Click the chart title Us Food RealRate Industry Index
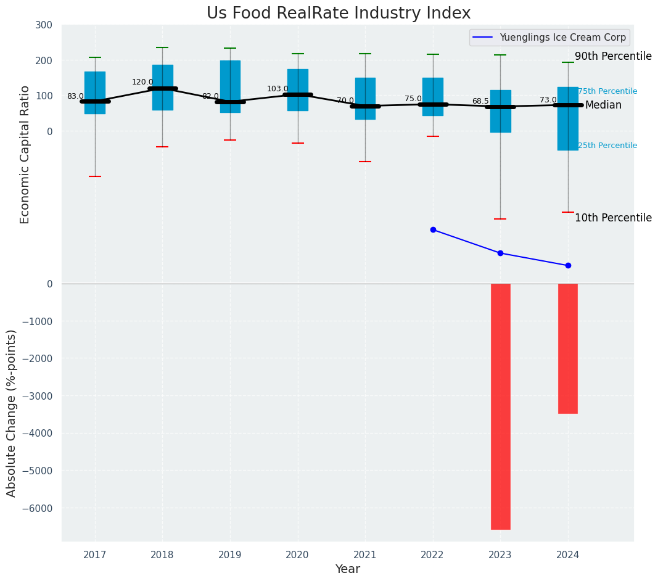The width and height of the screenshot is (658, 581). [x=339, y=14]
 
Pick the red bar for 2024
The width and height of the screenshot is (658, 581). [x=567, y=348]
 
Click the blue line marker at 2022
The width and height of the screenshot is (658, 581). [x=433, y=229]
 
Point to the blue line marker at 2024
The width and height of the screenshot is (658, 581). [x=568, y=265]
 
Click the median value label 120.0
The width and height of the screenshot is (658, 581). [x=142, y=82]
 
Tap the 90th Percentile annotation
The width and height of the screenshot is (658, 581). [x=613, y=57]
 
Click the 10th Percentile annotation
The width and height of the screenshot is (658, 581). [x=613, y=218]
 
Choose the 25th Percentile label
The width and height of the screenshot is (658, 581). [x=607, y=146]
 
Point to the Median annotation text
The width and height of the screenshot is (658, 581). [x=603, y=105]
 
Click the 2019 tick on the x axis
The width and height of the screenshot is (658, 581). [x=230, y=555]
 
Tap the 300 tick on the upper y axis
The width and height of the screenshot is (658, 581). [x=44, y=25]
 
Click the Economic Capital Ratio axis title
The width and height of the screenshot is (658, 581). [x=25, y=154]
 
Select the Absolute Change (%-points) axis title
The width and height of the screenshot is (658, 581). [x=12, y=413]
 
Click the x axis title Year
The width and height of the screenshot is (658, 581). [x=348, y=569]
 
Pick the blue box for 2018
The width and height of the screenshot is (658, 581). [x=163, y=88]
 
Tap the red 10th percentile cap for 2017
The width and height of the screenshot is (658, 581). [x=95, y=176]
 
